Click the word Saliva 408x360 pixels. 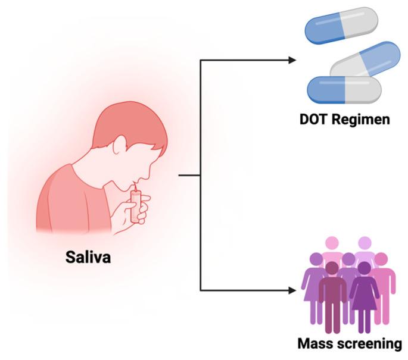tap(91, 260)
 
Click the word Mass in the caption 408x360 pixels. tap(316, 344)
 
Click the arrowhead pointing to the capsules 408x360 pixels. tap(292, 60)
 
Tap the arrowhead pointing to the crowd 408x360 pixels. tap(292, 290)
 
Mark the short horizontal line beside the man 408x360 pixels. tap(189, 175)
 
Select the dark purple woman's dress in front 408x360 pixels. tap(364, 300)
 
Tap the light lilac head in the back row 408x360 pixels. tap(364, 243)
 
